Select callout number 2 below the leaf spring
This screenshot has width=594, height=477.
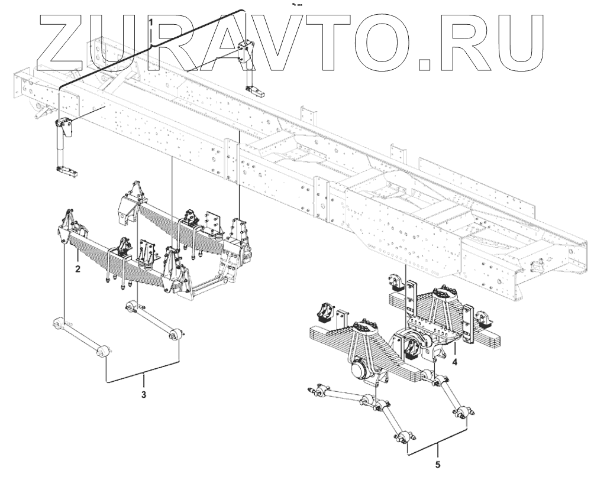pos(78,268)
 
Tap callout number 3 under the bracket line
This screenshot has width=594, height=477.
pos(143,393)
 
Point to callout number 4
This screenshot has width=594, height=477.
pos(454,361)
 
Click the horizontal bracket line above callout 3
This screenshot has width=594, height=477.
pos(143,378)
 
